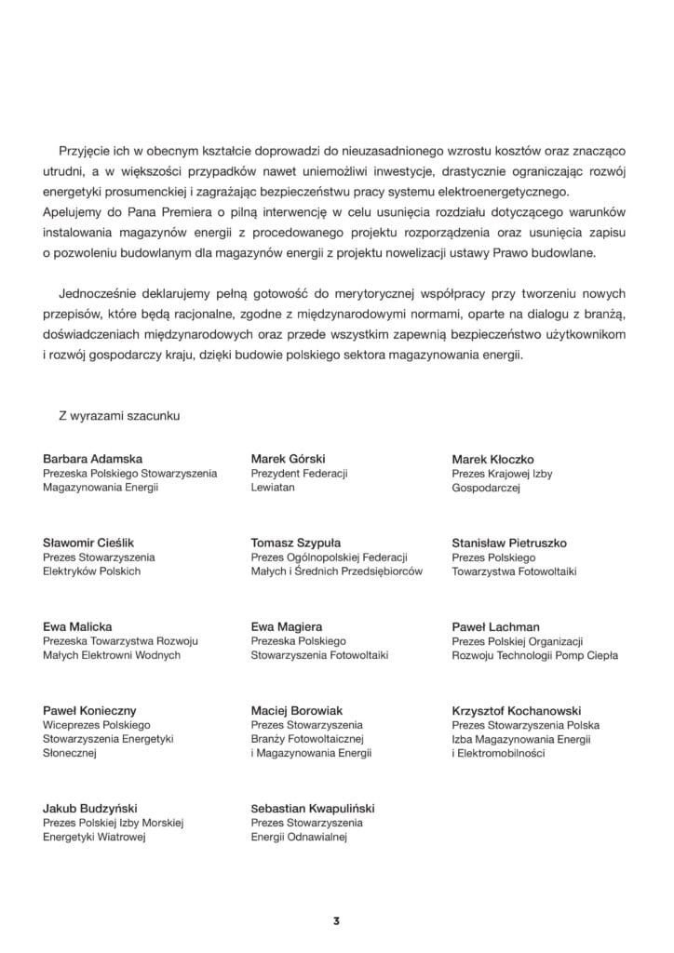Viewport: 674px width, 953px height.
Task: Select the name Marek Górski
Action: coord(288,459)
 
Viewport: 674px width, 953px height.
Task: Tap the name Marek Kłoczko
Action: coord(492,459)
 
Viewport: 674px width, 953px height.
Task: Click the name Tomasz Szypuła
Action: coord(295,543)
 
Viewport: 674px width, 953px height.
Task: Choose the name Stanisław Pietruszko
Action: coord(508,543)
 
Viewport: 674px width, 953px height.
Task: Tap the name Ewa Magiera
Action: coord(287,626)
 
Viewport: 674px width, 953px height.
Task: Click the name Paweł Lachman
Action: coord(495,626)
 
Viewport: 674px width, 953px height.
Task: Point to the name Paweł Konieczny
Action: coord(91,710)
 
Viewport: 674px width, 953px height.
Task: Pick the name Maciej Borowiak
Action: coord(296,710)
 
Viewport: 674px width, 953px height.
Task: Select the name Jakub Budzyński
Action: coord(90,808)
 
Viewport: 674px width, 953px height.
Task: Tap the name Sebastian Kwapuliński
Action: coord(313,808)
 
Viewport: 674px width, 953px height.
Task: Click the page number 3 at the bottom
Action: coord(336,921)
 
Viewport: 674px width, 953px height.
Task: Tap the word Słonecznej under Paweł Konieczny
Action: coord(71,753)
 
